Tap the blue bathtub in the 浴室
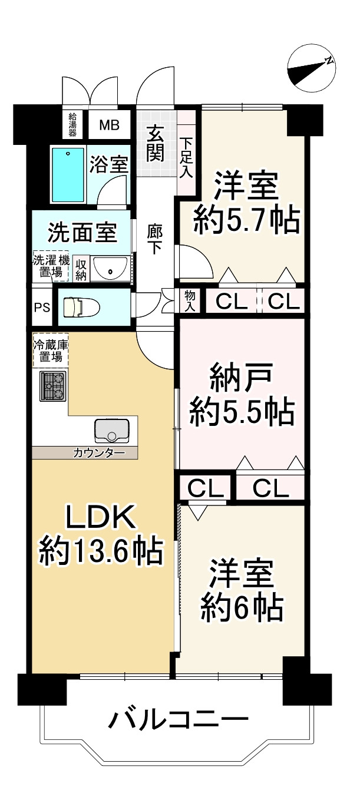coord(68,174)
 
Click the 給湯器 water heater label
coord(73,124)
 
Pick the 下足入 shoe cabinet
coord(186,157)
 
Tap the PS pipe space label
coord(41,307)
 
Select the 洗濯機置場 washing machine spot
coord(49,266)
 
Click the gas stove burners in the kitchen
coord(53,386)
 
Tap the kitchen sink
coord(111,431)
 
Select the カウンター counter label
coord(98,453)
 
